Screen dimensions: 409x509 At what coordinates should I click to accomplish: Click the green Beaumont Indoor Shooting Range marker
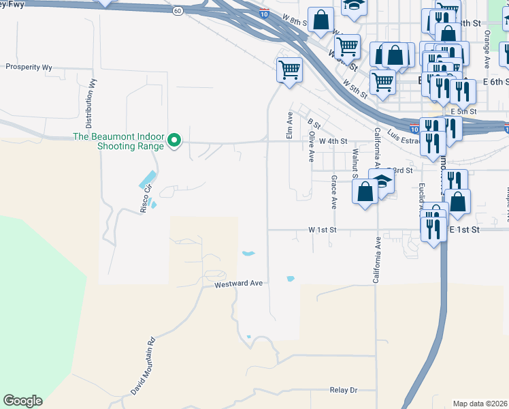[x=174, y=141]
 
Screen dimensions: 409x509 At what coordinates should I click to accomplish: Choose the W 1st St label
[x=322, y=230]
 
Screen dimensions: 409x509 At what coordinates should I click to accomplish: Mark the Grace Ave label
[x=334, y=192]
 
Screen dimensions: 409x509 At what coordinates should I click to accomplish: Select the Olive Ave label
[x=311, y=147]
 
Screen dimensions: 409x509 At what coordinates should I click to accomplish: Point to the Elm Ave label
[x=290, y=126]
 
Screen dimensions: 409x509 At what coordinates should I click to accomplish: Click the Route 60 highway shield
[x=177, y=11]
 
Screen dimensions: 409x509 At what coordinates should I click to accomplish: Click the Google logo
[x=22, y=401]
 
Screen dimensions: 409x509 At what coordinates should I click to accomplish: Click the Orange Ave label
[x=487, y=48]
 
